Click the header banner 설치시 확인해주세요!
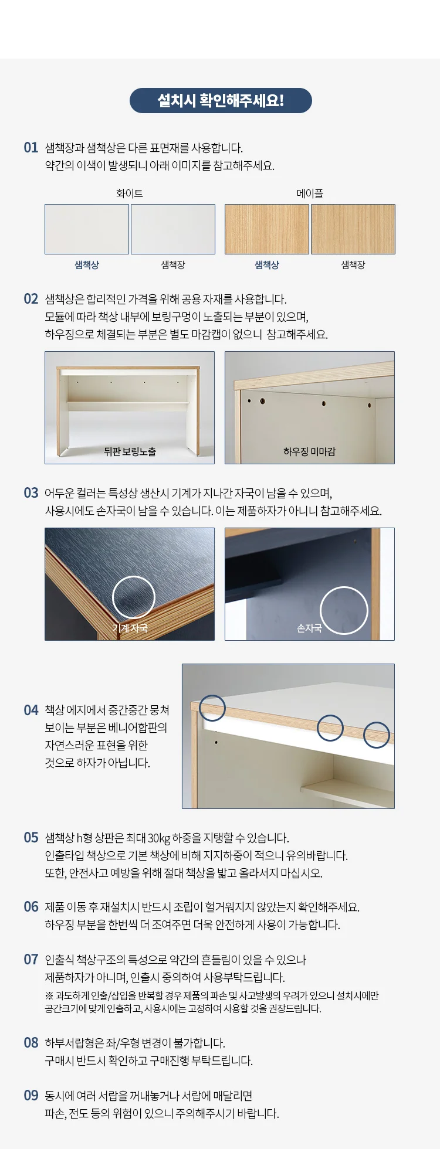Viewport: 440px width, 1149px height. tap(221, 100)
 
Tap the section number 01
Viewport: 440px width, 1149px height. tap(31, 148)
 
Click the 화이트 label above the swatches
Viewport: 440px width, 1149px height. tap(130, 193)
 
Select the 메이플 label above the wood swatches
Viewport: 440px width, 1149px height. tap(310, 193)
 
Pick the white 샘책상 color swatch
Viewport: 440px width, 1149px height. tap(87, 229)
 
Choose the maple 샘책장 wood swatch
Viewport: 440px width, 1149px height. tap(353, 229)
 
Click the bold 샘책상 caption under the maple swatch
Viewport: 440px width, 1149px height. tap(267, 265)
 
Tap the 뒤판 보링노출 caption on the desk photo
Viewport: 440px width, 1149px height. tap(130, 451)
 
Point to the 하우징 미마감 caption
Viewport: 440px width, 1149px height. tap(309, 451)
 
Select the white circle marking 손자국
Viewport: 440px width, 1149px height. tap(344, 587)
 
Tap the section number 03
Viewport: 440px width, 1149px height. tap(31, 493)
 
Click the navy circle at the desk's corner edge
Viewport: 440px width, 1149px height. tap(212, 696)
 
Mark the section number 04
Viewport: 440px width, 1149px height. tap(31, 711)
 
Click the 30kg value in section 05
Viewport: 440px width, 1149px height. tap(158, 838)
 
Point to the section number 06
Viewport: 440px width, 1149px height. tap(31, 907)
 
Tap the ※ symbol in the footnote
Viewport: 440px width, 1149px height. tap(49, 996)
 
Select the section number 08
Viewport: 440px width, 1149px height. tap(31, 1043)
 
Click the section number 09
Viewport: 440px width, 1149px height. tap(31, 1096)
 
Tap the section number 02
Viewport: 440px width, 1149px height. tap(31, 299)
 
